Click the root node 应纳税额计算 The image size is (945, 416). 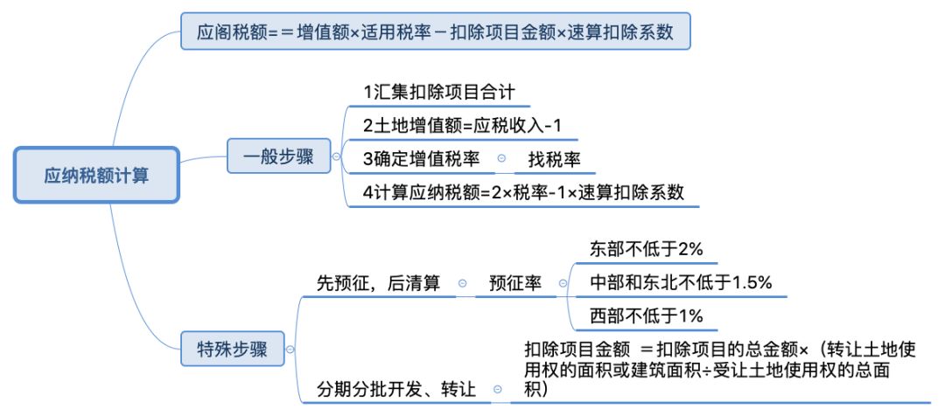[96, 176]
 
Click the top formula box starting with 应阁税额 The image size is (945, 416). [435, 33]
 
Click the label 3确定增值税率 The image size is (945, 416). [422, 158]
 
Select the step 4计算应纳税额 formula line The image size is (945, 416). [523, 192]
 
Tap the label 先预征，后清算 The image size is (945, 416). [378, 283]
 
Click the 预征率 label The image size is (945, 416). [515, 283]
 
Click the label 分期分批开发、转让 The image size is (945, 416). [396, 389]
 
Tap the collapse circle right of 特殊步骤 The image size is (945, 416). [290, 350]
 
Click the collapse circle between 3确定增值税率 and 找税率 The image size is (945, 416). [501, 159]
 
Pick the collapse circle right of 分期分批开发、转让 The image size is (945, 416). [498, 390]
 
